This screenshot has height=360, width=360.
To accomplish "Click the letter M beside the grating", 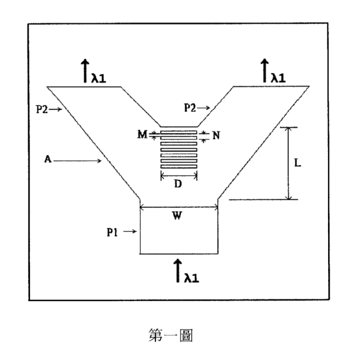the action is tap(142, 134).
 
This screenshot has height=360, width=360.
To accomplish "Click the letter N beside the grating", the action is tap(216, 135).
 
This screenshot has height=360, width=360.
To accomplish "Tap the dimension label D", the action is tap(178, 184).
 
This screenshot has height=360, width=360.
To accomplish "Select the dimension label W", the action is tap(177, 215).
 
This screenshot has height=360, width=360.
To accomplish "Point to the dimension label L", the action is tap(298, 163).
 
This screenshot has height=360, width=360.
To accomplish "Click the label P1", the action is tap(112, 232).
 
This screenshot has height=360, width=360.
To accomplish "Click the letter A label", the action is tap(48, 159).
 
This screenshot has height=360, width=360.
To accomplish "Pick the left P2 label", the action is tap(42, 109).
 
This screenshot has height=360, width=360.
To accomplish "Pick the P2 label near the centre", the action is tap(190, 108).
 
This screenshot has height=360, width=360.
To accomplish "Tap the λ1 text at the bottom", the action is tap(192, 277).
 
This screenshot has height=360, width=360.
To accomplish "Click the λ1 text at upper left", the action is tap(99, 78).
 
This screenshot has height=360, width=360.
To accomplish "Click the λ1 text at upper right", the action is tap(278, 78).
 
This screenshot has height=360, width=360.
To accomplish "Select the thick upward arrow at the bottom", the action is tap(178, 270).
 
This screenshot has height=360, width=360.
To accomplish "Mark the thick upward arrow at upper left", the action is tap(85, 71).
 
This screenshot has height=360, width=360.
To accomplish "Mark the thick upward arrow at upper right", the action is tap(265, 70).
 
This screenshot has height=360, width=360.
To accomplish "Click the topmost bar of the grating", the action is tap(178, 132).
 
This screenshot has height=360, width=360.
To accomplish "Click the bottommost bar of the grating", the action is tap(178, 167).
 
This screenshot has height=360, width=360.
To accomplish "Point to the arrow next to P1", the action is tap(130, 231).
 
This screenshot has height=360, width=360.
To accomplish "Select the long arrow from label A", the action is tap(77, 161).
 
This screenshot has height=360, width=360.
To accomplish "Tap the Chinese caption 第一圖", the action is tap(171, 336).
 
